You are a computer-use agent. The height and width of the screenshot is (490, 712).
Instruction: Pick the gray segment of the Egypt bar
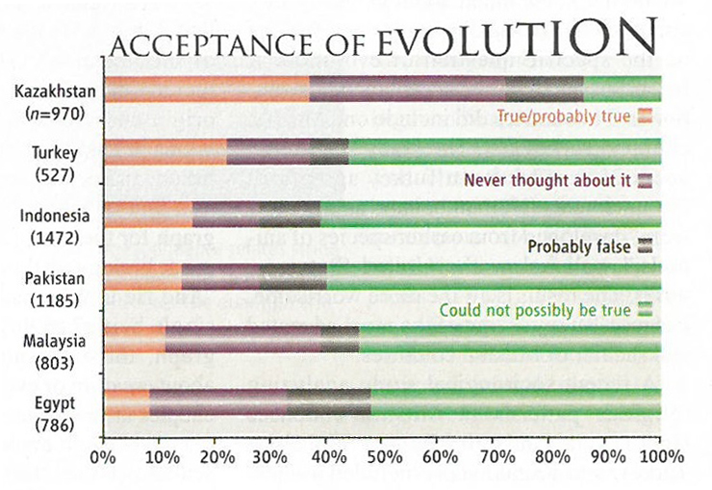coord(328,401)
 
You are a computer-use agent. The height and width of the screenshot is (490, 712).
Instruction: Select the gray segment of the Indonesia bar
coord(289,214)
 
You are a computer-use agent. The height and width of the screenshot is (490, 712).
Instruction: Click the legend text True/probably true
coord(563,116)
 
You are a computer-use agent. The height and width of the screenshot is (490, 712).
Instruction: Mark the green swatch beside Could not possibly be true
coord(646,310)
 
